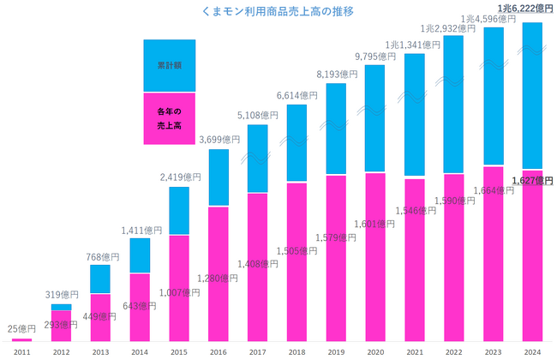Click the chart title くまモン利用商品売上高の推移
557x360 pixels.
coord(278,13)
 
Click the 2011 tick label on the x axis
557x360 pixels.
coord(21,350)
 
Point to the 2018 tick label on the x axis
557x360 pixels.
coord(296,350)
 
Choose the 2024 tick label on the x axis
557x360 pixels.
coord(532,350)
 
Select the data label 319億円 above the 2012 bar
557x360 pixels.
coord(62,295)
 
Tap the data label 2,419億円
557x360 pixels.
coord(179,177)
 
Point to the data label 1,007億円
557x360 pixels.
coord(180,292)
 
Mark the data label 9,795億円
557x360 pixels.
coord(374,57)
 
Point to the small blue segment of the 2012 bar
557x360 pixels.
coord(61,307)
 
